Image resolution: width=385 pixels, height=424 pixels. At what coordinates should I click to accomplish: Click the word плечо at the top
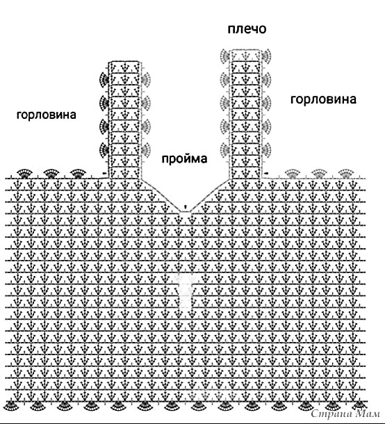247,29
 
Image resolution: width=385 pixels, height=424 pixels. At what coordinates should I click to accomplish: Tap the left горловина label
47,115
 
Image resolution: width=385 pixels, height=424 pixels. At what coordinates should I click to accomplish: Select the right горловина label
323,99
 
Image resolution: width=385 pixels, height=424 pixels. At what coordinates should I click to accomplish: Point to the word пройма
184,158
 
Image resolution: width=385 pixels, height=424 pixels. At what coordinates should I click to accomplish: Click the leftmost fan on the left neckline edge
25,174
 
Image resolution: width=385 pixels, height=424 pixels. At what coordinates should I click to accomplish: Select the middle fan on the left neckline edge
51,174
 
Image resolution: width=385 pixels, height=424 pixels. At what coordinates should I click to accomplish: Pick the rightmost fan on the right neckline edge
346,174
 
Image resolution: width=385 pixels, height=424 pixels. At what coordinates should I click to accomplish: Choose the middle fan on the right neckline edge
319,174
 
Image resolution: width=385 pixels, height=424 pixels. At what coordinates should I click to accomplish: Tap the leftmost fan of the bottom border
10,406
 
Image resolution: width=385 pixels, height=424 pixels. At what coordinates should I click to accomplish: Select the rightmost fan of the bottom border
359,405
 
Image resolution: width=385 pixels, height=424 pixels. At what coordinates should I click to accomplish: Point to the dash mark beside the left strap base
104,173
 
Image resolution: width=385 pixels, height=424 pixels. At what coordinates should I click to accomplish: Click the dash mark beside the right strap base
266,173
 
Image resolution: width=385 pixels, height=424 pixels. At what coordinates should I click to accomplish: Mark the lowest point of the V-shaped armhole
185,212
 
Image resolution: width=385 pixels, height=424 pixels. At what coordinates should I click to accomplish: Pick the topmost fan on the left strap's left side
104,79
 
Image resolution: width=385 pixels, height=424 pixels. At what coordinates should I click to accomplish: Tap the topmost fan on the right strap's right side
266,56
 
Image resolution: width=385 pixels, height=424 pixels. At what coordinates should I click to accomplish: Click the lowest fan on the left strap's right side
145,149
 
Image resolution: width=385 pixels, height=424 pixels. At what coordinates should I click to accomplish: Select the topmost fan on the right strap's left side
225,56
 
